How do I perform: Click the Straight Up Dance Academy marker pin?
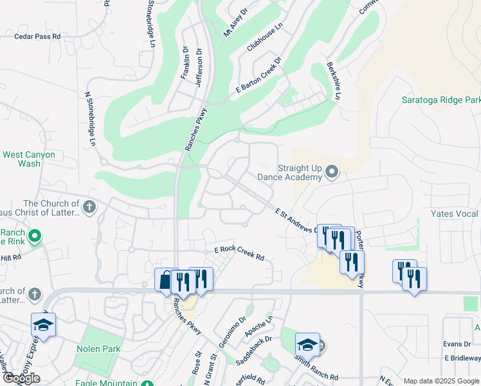click(332, 171)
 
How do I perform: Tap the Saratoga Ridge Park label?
click(441, 100)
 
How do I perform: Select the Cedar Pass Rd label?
click(37, 37)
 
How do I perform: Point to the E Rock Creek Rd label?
click(239, 253)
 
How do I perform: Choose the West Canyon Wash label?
click(30, 159)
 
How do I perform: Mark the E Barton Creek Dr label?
click(259, 77)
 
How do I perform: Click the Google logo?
click(21, 378)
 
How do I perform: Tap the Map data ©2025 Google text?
click(441, 381)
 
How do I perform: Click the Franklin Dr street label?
click(185, 63)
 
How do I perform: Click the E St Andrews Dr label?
click(297, 220)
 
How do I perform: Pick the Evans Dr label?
click(457, 344)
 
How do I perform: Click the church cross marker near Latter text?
click(89, 207)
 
